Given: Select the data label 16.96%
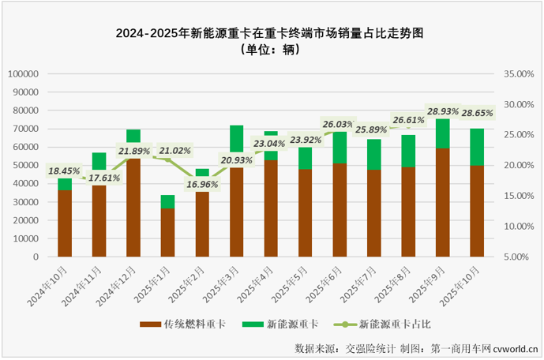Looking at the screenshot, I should (203, 186).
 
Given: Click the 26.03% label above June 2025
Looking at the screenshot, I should (338, 124).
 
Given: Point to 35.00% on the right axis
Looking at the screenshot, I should (518, 73).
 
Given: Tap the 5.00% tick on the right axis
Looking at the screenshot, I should (520, 257).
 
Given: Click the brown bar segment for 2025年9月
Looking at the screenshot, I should (443, 202).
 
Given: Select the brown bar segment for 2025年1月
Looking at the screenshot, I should (167, 232).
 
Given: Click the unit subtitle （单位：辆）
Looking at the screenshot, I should (271, 49).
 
